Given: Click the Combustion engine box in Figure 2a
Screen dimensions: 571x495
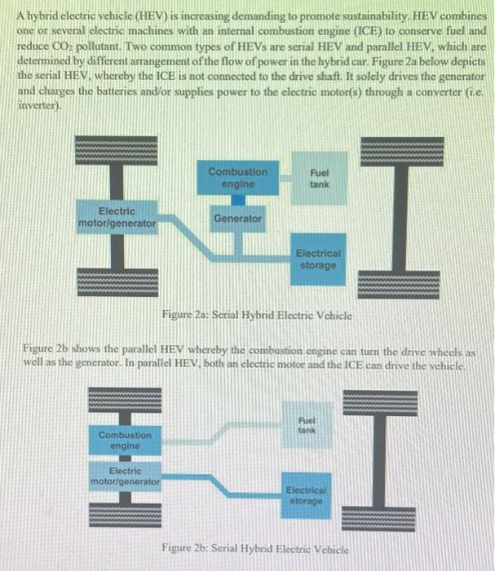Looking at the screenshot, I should [237, 179].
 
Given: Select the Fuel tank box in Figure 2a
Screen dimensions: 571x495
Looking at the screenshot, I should [319, 179].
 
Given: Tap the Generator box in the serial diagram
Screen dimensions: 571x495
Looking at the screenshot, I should [237, 219].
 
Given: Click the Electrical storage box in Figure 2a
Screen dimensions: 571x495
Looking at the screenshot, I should [319, 259].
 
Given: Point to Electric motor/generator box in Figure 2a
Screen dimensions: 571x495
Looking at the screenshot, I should [117, 216].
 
